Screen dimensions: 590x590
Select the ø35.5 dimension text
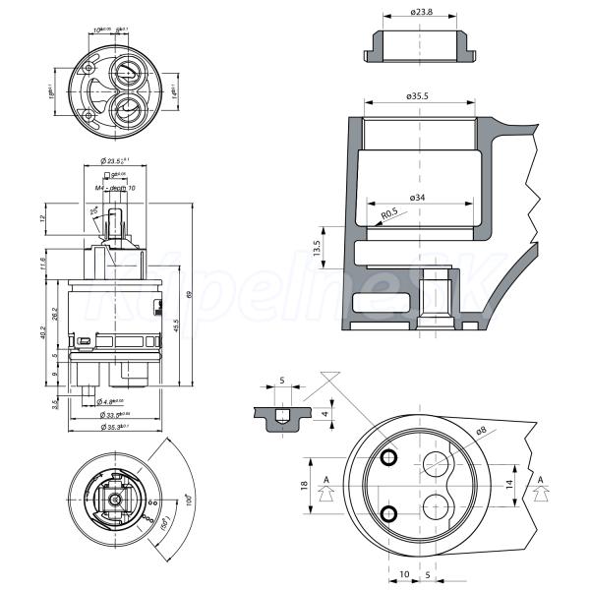(x=421, y=96)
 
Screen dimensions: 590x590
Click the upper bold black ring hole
(x=389, y=457)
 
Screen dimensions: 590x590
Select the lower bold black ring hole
(x=389, y=511)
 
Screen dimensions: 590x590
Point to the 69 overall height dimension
(x=190, y=294)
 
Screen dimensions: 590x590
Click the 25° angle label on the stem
(x=94, y=210)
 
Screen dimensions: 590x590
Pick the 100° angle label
(x=187, y=501)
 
